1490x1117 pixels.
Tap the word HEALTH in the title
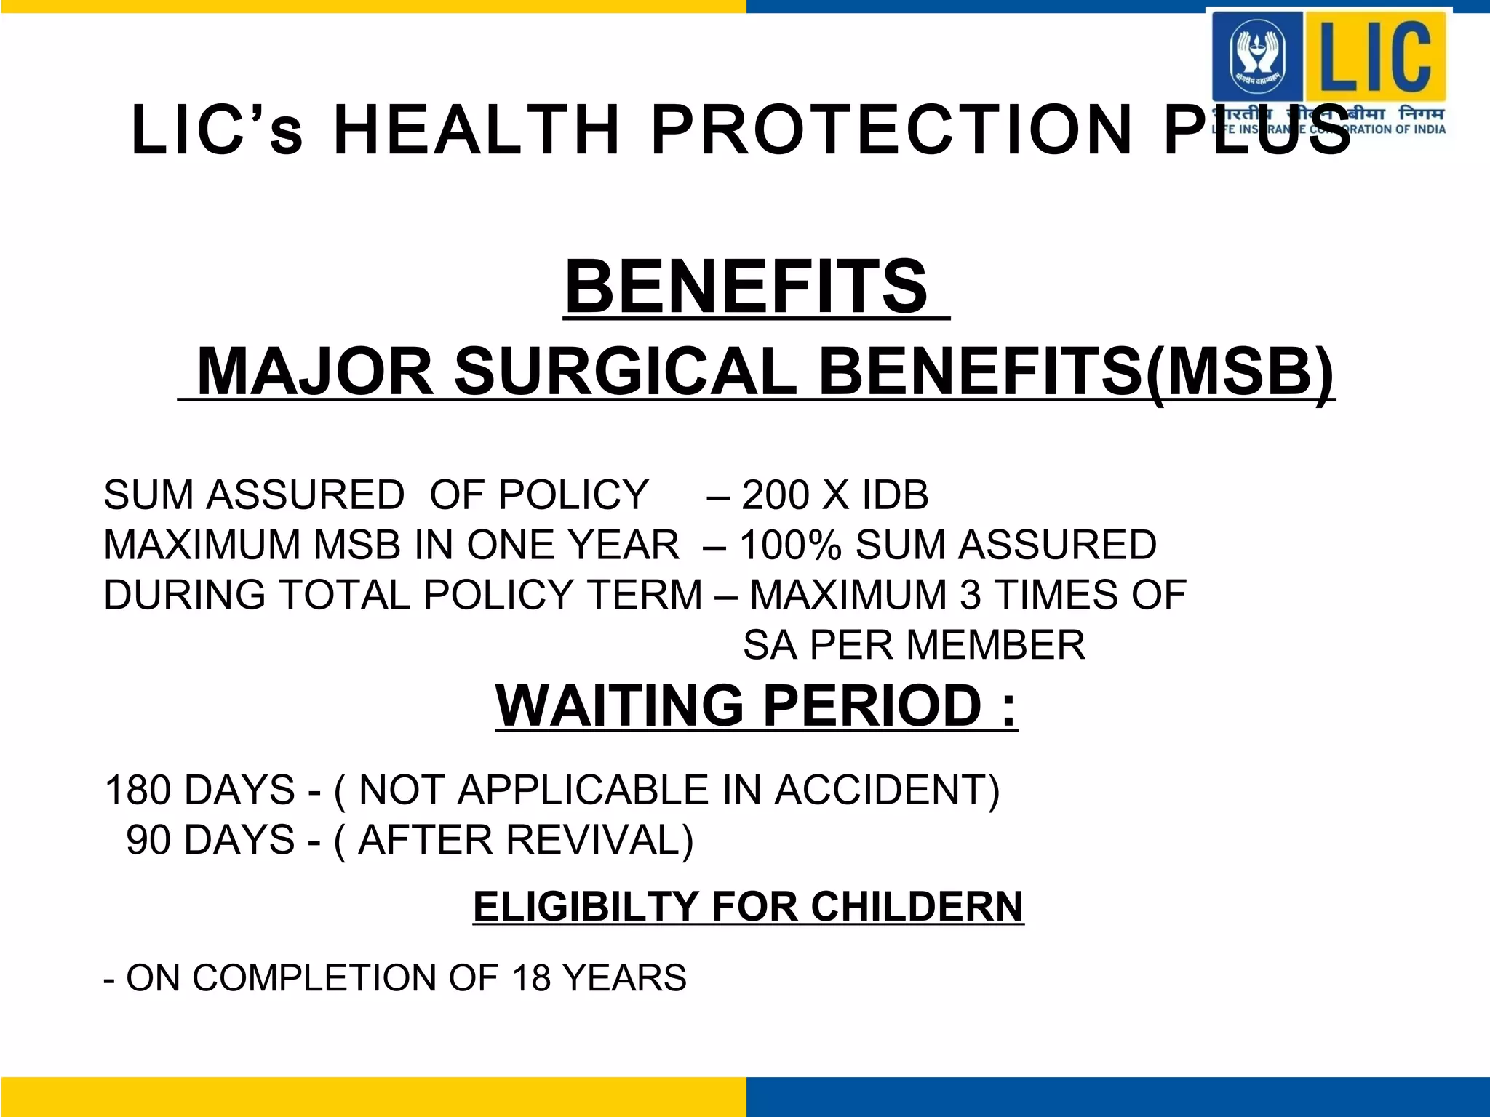pos(477,131)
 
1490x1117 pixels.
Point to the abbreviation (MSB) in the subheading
pos(1240,373)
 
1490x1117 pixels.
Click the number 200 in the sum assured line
pos(776,495)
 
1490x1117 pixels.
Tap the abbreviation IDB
pos(895,495)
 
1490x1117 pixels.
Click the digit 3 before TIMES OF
pos(971,595)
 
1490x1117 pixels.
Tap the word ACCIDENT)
pos(887,790)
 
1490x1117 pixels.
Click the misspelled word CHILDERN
pos(916,907)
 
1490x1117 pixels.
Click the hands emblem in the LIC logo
pos(1257,55)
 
